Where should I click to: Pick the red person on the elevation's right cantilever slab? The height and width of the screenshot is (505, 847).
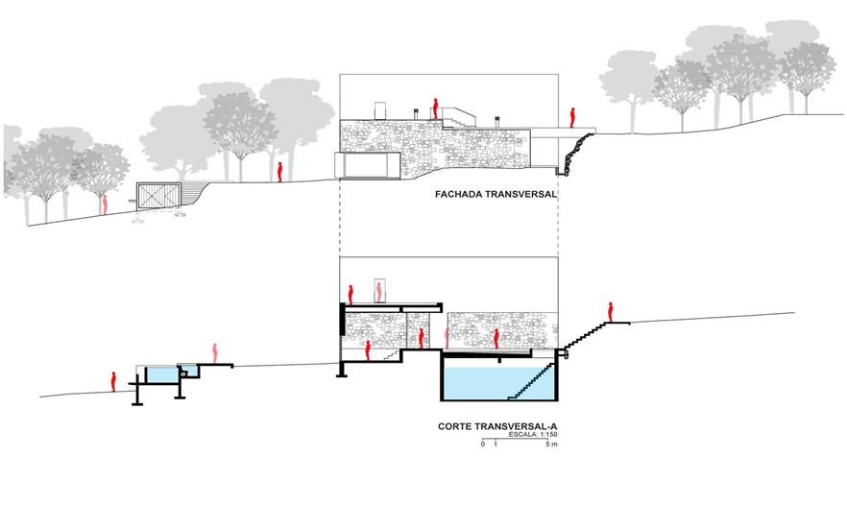point(572,117)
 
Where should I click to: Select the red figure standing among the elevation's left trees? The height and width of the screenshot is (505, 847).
point(279,171)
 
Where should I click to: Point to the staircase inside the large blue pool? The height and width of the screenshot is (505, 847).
point(534,381)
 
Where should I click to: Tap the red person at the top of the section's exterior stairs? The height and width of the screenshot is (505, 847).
point(610,311)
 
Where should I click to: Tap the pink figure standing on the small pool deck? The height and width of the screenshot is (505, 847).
point(215,352)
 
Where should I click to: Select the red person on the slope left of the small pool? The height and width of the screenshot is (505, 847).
point(113,380)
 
